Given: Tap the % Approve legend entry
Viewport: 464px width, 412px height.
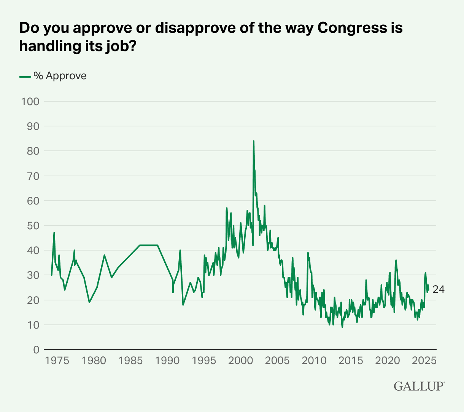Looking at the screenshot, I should (53, 76).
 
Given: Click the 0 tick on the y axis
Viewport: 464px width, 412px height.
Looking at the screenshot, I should (36, 350).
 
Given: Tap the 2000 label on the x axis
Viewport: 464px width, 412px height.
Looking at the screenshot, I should (240, 360).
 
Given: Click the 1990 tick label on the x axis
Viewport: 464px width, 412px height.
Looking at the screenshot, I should (167, 360).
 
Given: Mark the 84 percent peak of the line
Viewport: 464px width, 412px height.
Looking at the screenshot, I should (254, 141).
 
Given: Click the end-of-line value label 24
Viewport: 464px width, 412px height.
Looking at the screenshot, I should (439, 290).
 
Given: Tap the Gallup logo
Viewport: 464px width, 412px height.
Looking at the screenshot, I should (419, 386).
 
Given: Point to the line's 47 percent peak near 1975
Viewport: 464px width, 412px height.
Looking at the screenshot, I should (54, 233).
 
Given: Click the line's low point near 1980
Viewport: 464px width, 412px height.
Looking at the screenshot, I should (89, 302).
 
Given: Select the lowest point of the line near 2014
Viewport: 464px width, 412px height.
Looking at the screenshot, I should (342, 327).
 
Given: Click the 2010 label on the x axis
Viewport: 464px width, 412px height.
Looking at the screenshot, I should (314, 360).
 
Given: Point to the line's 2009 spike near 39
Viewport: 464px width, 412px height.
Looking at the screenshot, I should (308, 253).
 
